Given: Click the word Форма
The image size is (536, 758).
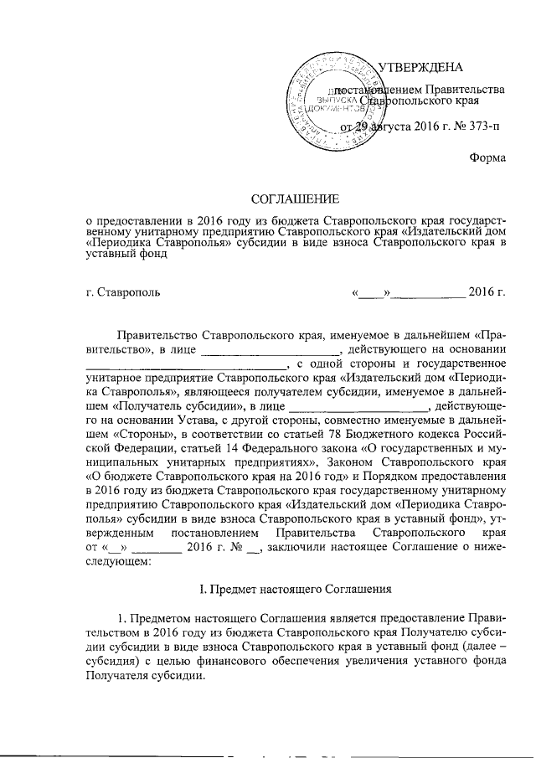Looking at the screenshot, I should [x=487, y=157].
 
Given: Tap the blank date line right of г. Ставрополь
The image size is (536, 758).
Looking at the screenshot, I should [x=429, y=294].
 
